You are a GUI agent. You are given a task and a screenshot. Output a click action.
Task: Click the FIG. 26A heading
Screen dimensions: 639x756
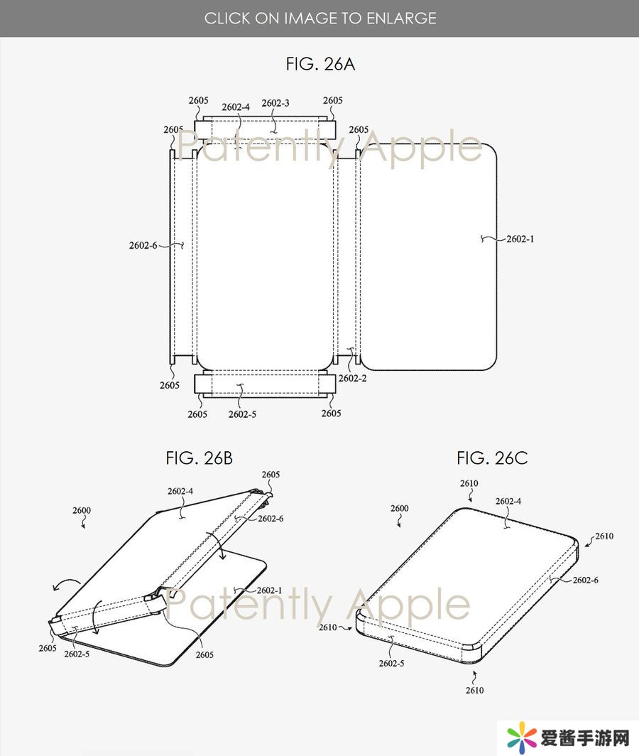(x=320, y=64)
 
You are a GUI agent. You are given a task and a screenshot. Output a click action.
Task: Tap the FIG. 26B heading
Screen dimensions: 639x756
(x=199, y=458)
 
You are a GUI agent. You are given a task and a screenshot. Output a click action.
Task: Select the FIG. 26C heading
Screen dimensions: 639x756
(x=492, y=458)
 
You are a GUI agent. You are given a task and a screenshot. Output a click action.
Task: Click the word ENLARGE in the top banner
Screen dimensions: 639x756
(x=401, y=18)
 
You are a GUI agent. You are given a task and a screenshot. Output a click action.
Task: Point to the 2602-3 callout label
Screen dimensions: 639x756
(x=275, y=103)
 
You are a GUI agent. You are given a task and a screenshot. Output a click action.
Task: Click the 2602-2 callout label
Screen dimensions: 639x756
(x=352, y=379)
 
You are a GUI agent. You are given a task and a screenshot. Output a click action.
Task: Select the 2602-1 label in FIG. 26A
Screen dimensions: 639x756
(x=520, y=239)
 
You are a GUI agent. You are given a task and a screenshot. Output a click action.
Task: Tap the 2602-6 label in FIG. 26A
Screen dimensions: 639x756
(x=143, y=245)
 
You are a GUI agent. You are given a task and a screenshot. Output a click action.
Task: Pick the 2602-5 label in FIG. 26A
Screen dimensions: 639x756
(x=242, y=415)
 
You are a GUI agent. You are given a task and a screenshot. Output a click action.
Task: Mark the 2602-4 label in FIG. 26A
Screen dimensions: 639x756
(x=236, y=107)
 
